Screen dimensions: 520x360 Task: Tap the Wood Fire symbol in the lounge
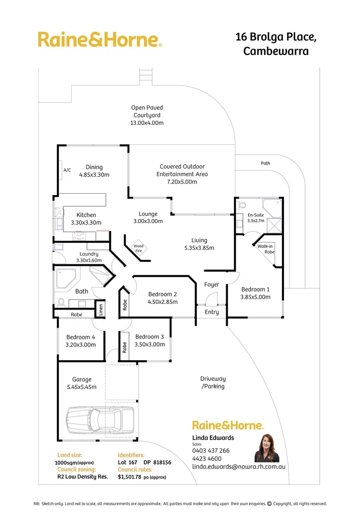139,247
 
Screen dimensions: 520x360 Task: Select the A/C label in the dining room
67,170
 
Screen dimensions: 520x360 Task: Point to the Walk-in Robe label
265,248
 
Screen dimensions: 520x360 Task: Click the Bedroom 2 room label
163,294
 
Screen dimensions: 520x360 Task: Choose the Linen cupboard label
101,309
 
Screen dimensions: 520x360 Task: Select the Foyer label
212,285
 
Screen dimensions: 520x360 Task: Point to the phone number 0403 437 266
211,451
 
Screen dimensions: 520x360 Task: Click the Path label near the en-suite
265,163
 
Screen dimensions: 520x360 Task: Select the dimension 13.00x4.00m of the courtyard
147,123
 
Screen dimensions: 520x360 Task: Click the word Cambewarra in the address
276,52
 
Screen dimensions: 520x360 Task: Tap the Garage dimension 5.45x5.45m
82,387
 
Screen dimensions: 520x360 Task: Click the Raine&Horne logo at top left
100,39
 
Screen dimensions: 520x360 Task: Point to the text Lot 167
128,462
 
